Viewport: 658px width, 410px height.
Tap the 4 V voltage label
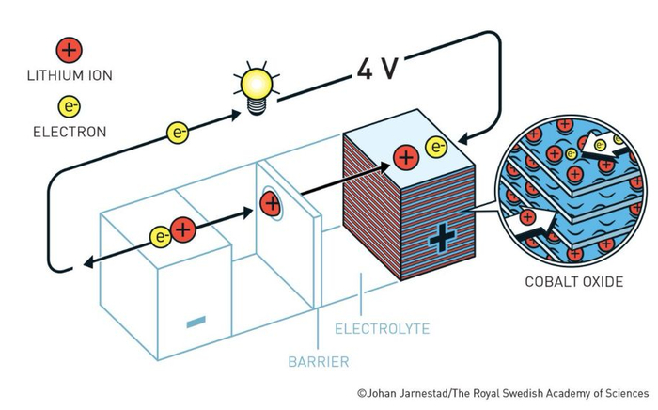point(376,68)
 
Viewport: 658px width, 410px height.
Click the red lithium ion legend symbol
point(70,50)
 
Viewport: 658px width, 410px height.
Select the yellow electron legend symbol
point(70,106)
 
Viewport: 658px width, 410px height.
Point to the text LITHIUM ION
point(70,75)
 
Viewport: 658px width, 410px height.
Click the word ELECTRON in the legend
point(70,133)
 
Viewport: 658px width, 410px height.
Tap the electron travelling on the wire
point(178,133)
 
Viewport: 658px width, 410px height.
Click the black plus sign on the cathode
point(442,238)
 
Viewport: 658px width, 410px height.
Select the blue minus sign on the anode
point(196,322)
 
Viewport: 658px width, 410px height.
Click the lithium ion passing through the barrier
point(271,203)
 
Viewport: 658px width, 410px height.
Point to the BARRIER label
point(319,362)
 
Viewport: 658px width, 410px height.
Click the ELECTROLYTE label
point(383,328)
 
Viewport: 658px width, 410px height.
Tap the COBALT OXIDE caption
point(574,281)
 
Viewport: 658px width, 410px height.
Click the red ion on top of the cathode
point(406,157)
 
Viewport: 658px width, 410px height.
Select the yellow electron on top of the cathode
point(436,147)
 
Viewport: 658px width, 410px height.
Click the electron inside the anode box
point(161,237)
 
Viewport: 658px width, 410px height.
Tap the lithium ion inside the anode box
point(183,230)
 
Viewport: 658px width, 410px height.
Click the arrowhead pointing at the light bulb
point(235,114)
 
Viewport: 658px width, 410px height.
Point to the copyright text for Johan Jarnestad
point(503,394)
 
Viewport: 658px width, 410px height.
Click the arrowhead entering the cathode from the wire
point(464,138)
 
